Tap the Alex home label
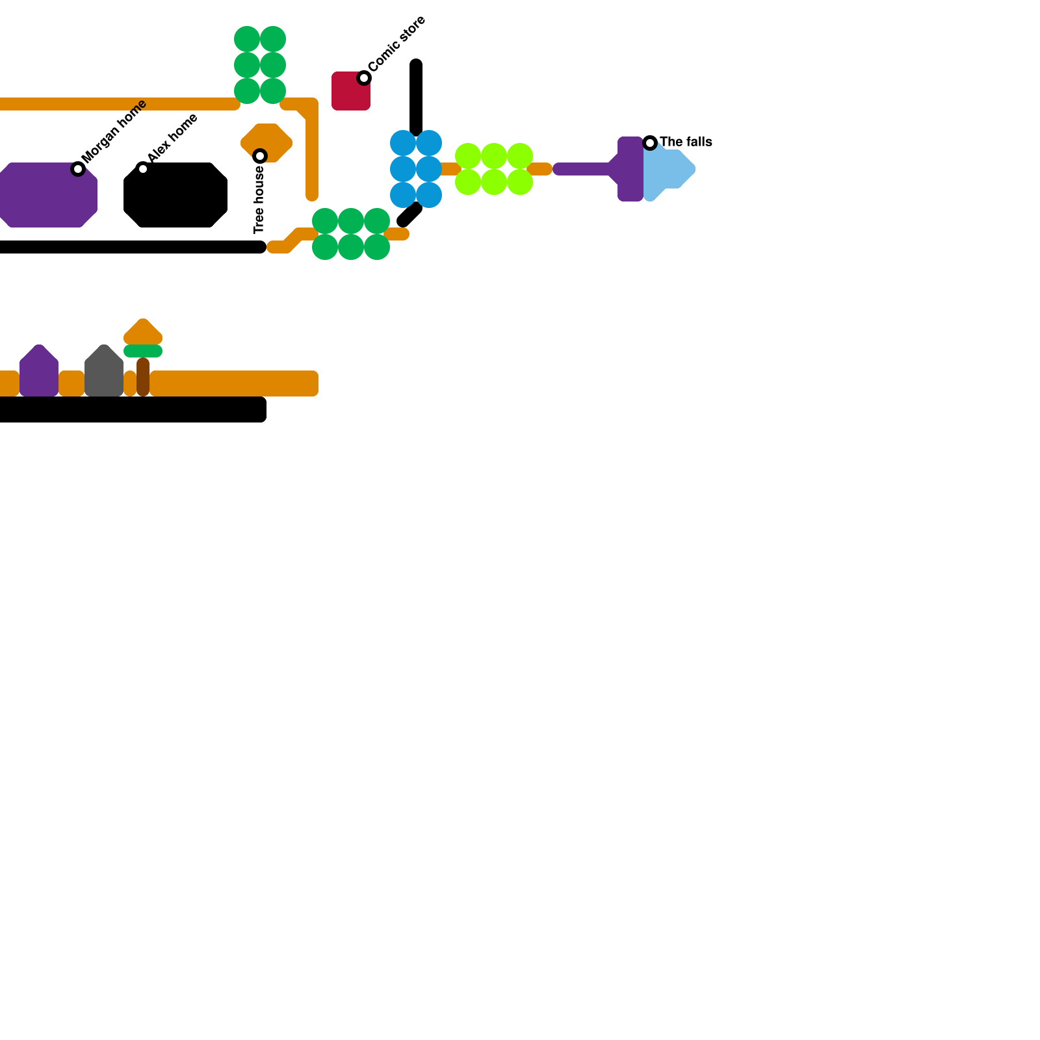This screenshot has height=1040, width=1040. pyautogui.click(x=172, y=138)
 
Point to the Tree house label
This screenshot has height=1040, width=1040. pyautogui.click(x=259, y=200)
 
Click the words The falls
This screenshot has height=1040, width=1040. pyautogui.click(x=686, y=142)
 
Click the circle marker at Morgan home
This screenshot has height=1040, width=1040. pyautogui.click(x=78, y=169)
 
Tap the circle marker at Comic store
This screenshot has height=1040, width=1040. pyautogui.click(x=364, y=78)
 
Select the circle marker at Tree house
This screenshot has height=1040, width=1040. pyautogui.click(x=260, y=156)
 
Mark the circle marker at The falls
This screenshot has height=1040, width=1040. pyautogui.click(x=650, y=142)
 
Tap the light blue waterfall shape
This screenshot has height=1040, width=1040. pyautogui.click(x=669, y=170)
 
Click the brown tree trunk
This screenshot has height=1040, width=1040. pyautogui.click(x=143, y=377)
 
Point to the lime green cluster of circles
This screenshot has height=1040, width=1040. pyautogui.click(x=494, y=169)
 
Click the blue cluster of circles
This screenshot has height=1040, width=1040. pyautogui.click(x=416, y=169)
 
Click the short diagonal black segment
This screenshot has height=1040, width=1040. pyautogui.click(x=409, y=215)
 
